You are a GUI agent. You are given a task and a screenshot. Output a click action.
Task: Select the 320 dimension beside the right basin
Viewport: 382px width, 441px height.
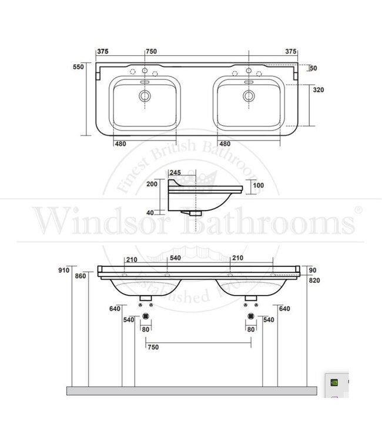319,90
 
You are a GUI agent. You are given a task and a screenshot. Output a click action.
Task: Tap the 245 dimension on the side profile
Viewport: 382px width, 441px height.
175,172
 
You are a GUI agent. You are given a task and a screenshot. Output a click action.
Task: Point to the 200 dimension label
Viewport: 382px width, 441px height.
151,183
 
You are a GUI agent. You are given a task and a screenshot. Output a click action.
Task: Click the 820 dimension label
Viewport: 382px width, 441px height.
315,280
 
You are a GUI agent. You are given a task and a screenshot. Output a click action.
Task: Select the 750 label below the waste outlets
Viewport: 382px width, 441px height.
153,347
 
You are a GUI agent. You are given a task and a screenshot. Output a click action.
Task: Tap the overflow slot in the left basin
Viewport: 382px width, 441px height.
145,83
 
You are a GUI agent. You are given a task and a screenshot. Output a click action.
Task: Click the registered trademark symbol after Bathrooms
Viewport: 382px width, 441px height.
358,210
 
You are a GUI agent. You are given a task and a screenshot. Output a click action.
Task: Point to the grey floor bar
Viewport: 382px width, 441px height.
191,390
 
